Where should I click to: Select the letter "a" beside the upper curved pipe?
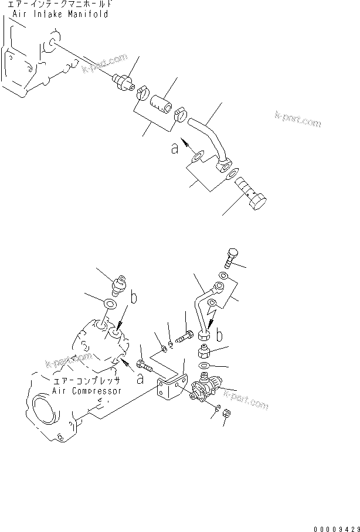[x=174, y=149]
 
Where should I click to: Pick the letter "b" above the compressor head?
[x=134, y=298]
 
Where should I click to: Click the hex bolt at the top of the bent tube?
[x=230, y=258]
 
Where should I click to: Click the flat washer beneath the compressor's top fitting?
[x=108, y=304]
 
